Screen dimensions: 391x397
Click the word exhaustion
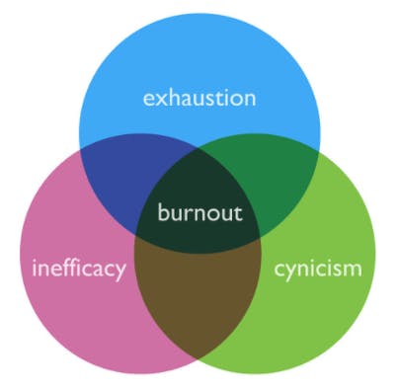point(199,98)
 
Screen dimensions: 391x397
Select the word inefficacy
point(79,269)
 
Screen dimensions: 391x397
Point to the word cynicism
point(319,268)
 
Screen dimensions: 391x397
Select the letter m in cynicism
point(352,269)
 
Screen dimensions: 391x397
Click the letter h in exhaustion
point(172,98)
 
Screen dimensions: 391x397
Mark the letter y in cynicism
point(294,271)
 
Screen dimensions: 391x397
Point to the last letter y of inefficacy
point(120,272)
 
